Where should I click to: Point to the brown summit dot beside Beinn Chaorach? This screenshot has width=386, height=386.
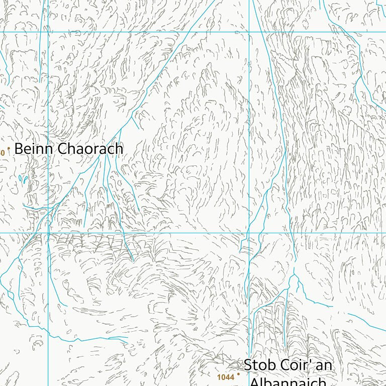point(9,149)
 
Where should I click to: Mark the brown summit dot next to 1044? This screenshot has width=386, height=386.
point(239,374)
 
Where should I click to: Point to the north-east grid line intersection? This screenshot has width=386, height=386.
point(249,32)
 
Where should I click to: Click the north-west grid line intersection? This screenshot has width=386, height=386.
point(48,32)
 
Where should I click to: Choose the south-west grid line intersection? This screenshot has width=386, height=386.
point(48,233)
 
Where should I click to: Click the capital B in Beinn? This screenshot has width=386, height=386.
point(19,149)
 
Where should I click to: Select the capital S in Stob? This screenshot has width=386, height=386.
point(248,365)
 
